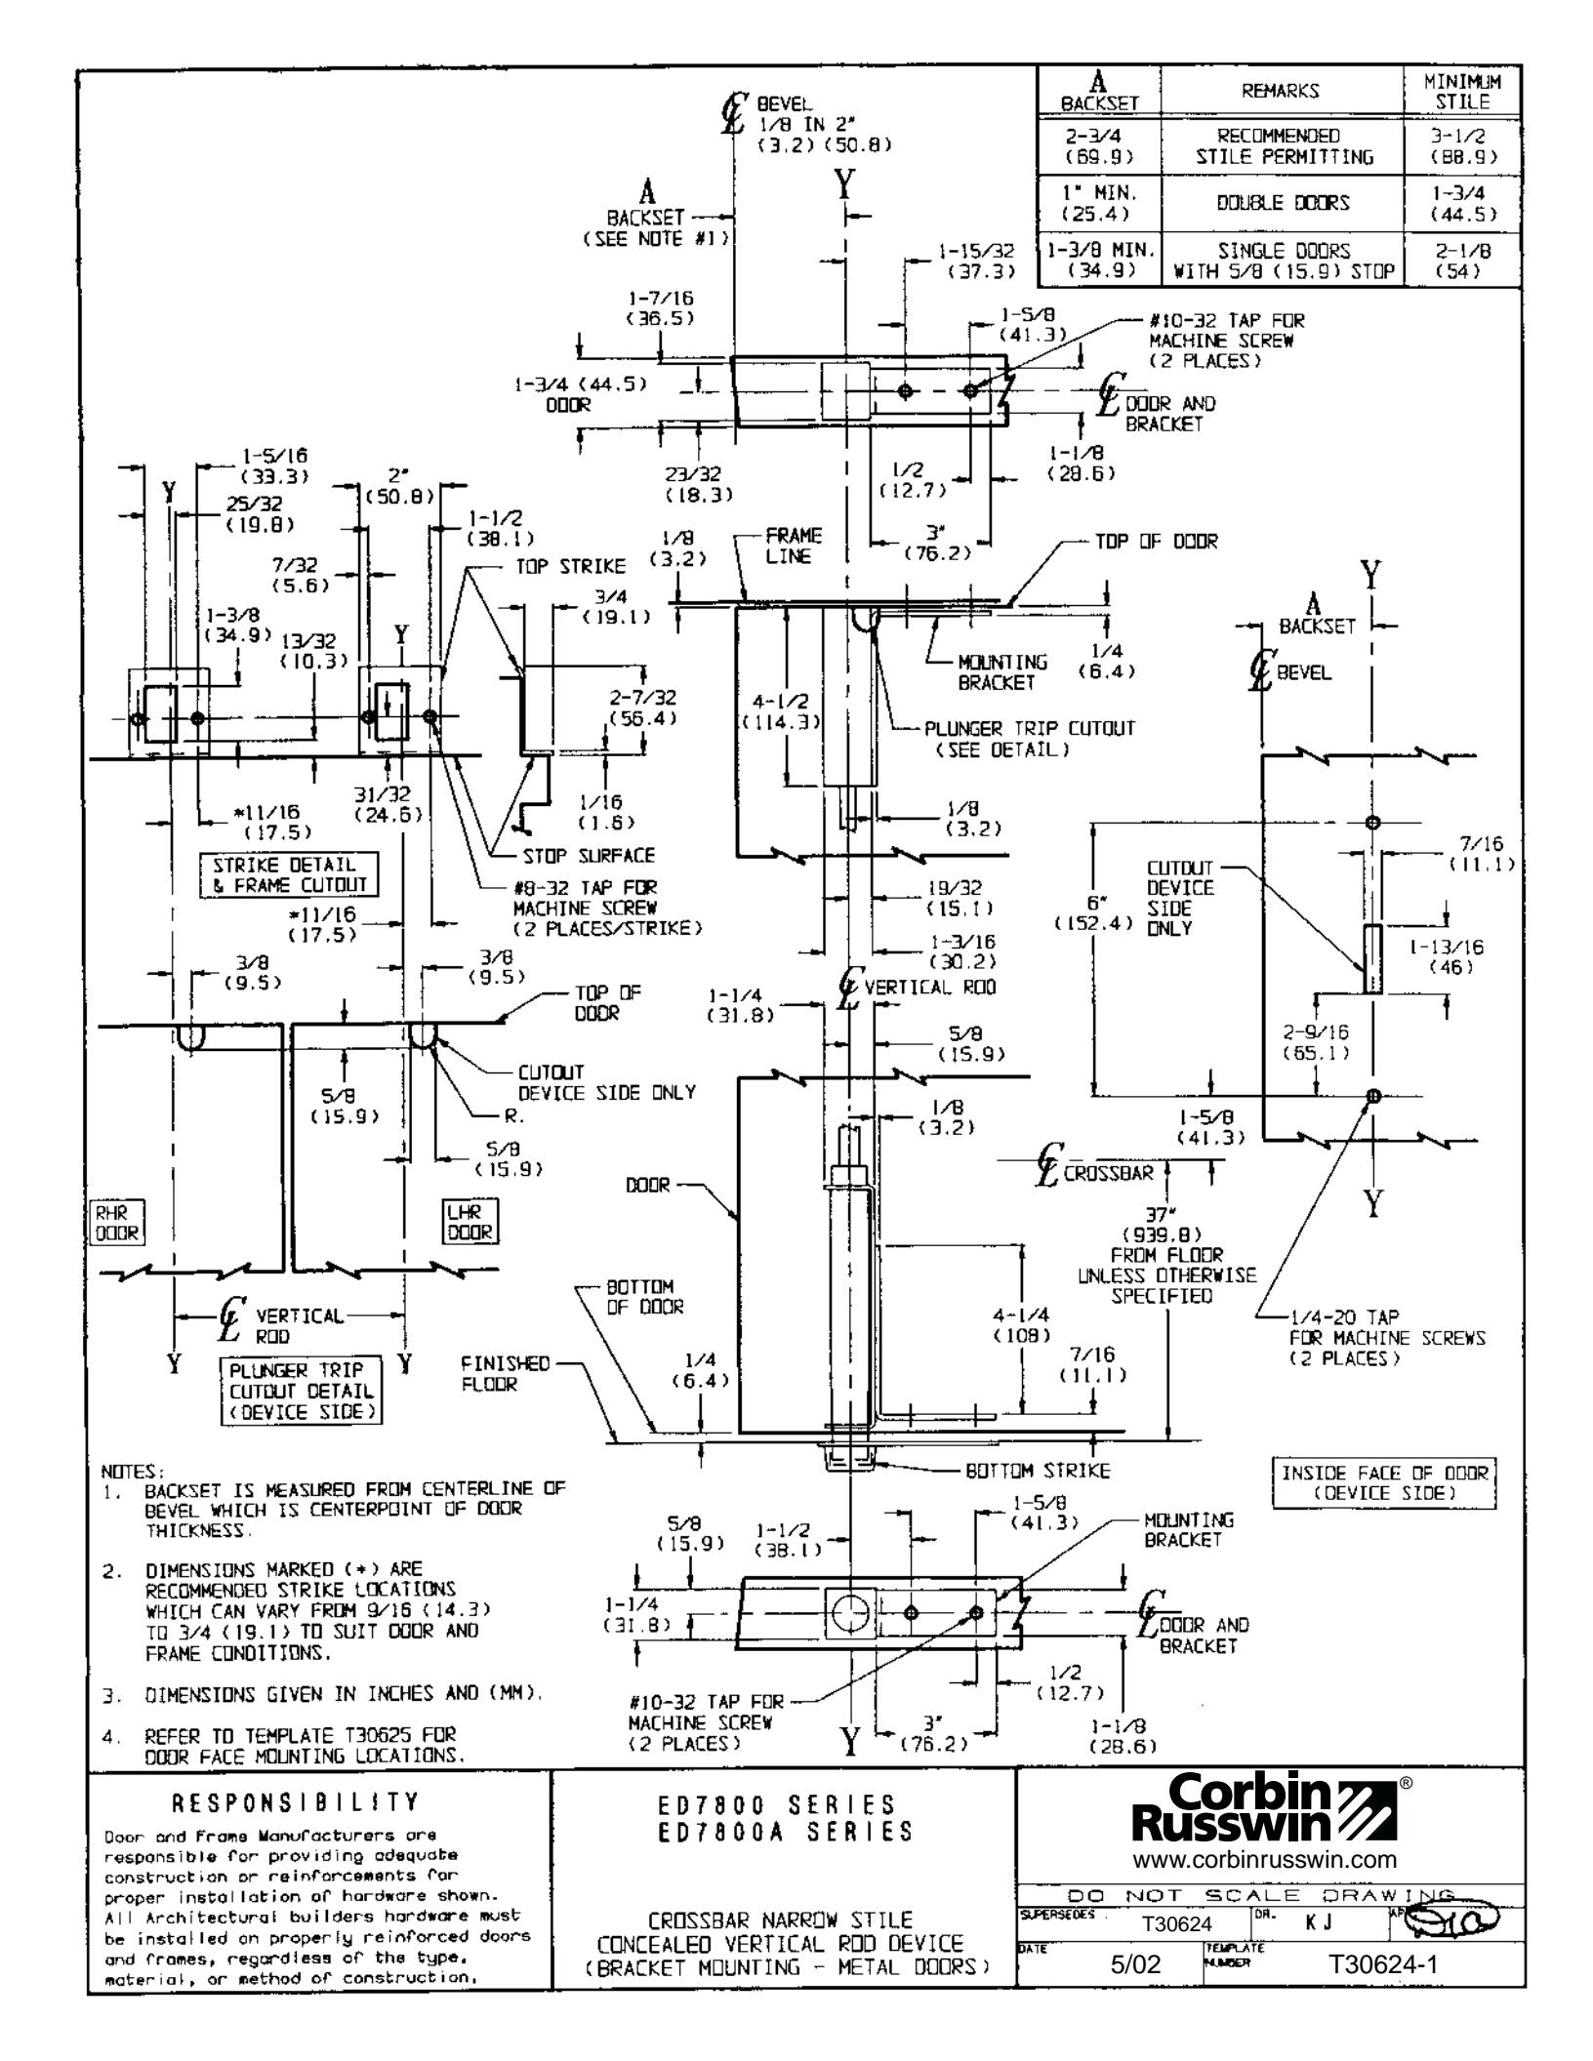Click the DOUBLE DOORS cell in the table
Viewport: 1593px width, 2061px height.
(1281, 204)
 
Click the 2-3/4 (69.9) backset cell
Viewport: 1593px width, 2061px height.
(1099, 146)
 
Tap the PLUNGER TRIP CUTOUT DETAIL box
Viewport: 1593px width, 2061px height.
(302, 1393)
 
